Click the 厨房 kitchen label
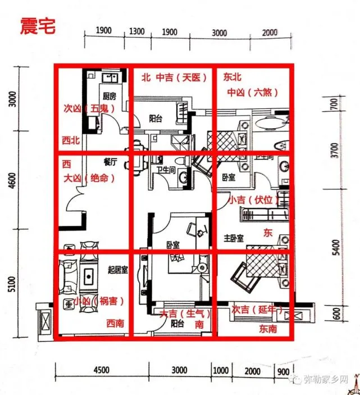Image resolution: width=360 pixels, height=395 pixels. pyautogui.click(x=109, y=96)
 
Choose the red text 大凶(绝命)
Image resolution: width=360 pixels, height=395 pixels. pyautogui.click(x=88, y=178)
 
